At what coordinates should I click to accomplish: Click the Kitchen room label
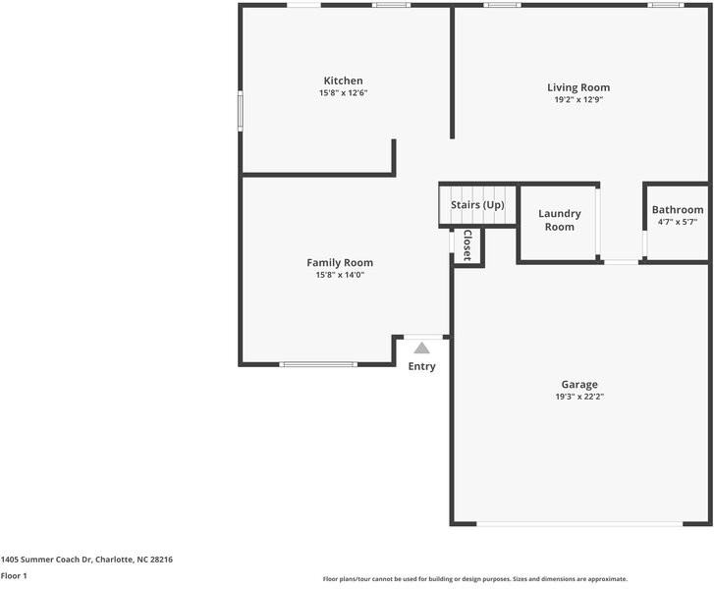point(343,80)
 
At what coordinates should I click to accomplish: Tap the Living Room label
point(577,87)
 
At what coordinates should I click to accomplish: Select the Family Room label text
point(340,262)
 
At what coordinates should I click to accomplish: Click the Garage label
point(578,384)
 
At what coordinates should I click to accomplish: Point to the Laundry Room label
point(559,220)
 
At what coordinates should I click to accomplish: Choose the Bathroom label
point(678,209)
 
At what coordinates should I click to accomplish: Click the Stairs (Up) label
point(477,204)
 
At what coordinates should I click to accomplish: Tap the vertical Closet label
point(467,244)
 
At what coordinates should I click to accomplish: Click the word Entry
point(421,366)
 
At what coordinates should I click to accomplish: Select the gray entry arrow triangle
point(421,348)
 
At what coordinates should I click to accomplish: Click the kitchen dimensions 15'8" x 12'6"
point(343,93)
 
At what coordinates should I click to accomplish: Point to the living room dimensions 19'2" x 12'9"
point(577,99)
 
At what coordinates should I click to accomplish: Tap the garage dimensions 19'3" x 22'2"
point(578,397)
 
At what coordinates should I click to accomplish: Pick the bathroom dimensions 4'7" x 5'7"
point(678,222)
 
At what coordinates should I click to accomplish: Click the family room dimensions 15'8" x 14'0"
point(340,275)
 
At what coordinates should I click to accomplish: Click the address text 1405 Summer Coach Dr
point(86,559)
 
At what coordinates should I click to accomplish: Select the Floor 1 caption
point(14,575)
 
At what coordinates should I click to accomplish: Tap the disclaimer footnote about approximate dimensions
point(474,578)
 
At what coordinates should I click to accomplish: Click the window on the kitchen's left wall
point(241,110)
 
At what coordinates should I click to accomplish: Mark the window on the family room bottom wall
point(318,364)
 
